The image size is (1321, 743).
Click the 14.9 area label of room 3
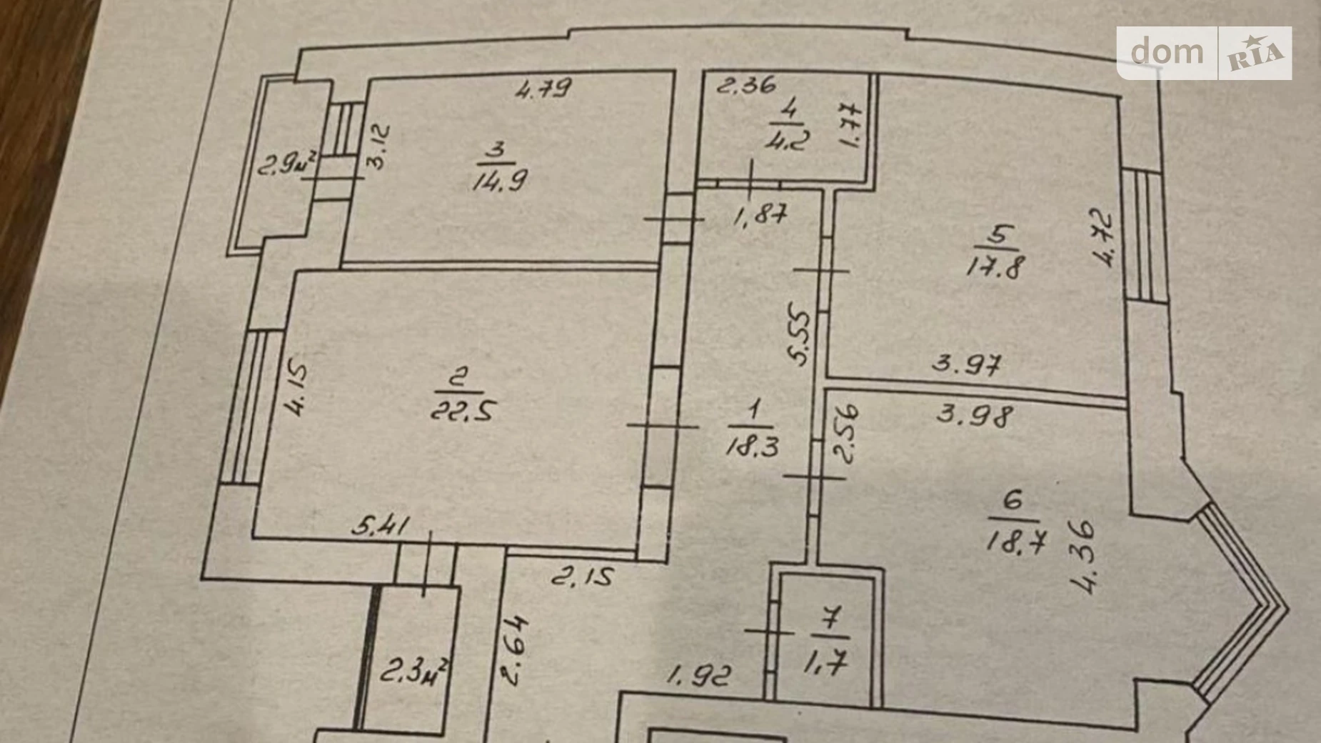coord(500,179)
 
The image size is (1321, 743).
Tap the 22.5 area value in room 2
coord(463,410)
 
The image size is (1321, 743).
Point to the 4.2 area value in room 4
coord(788,139)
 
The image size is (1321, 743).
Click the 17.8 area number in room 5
coord(995,267)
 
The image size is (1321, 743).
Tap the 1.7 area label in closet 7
coord(825,664)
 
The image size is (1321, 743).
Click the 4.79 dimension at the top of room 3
coord(544,89)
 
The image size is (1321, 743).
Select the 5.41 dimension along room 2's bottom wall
coord(380,527)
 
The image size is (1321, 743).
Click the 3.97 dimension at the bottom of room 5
coord(968,365)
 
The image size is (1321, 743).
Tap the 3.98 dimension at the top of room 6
coord(975,415)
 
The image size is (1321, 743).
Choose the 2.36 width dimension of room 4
coord(745,86)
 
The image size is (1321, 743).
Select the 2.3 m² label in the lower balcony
coord(414,672)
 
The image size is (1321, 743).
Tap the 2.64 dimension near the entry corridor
coord(515,650)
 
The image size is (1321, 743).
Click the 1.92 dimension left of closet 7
coord(700,675)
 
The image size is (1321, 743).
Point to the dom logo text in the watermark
coord(1167,52)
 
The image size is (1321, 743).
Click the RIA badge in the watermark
coord(1255,54)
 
